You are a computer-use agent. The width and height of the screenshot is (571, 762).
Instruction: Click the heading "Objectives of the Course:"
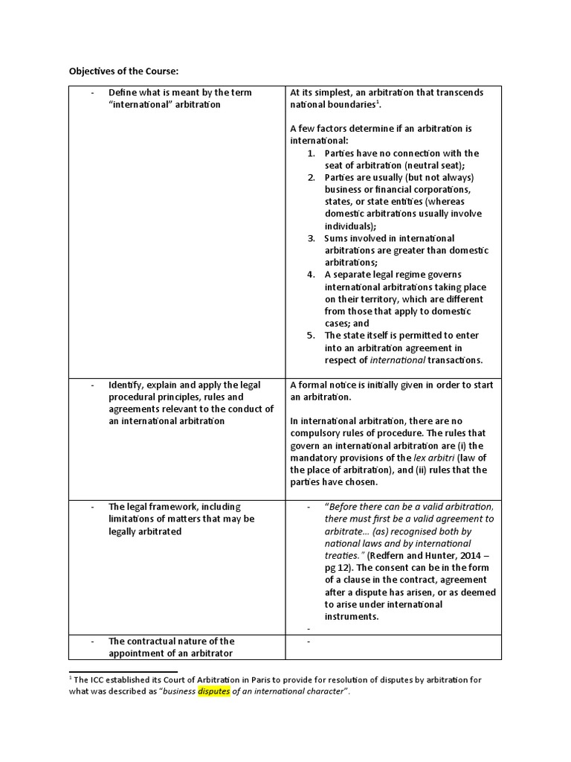click(x=124, y=71)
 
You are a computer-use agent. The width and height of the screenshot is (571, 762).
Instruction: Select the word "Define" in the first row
click(x=123, y=92)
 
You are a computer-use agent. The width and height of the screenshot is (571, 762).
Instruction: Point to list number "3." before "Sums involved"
click(x=312, y=238)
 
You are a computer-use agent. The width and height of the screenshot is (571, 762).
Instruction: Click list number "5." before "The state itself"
click(x=312, y=335)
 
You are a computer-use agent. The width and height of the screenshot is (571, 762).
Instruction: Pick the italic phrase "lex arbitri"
click(x=434, y=458)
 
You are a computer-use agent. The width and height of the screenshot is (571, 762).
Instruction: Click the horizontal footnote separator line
click(x=123, y=670)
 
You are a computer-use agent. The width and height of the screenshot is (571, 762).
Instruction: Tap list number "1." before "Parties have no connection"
click(x=312, y=153)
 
